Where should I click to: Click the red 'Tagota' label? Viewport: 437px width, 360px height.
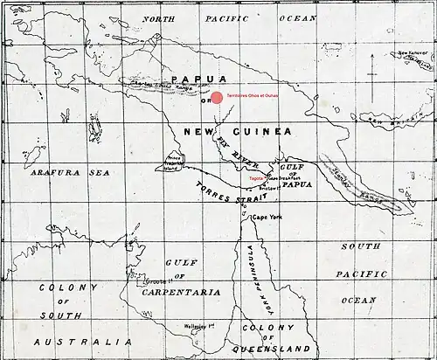[256, 177]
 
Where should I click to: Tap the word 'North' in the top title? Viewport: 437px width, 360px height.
[167, 17]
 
